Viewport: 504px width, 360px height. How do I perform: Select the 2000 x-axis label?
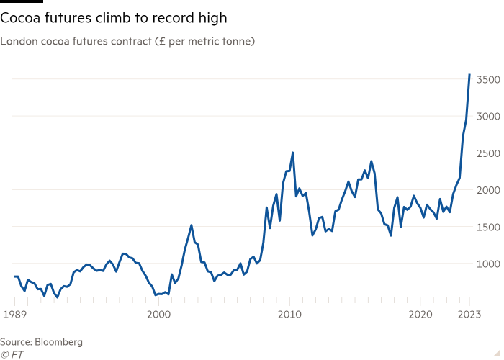(158, 314)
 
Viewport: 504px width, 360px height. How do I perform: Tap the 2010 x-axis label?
(290, 314)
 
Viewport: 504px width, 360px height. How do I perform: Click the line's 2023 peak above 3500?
(469, 74)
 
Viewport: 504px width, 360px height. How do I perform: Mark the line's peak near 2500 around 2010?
(292, 153)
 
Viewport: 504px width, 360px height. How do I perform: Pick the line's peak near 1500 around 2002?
(191, 225)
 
